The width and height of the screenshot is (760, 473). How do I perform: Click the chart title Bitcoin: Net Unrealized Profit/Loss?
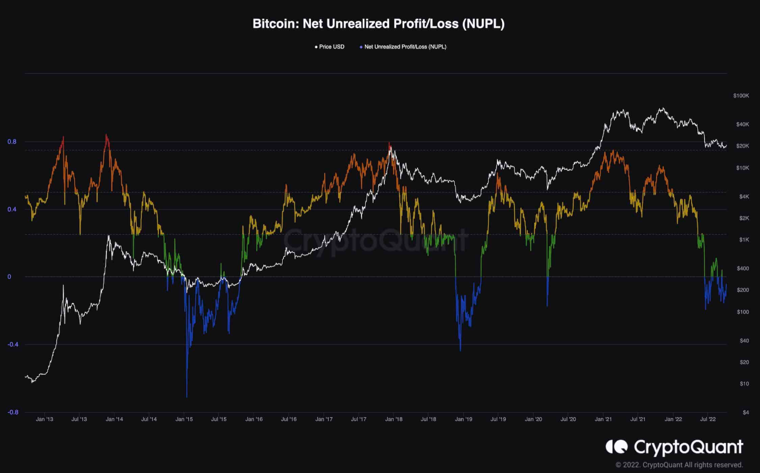point(379,24)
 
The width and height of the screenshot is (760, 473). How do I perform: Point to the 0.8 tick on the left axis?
point(12,142)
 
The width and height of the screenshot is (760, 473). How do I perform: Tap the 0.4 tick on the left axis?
point(12,209)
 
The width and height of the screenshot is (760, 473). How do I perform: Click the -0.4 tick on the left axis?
point(12,345)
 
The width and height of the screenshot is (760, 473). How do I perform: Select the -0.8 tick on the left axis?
point(12,413)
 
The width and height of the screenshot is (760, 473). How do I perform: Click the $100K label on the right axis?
point(741,96)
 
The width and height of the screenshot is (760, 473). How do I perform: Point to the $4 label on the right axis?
point(746,413)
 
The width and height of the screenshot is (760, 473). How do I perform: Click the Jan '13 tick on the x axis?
point(44,419)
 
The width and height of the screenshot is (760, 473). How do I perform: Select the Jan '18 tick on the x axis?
point(394,419)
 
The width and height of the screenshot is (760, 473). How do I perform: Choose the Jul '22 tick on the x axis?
point(708,419)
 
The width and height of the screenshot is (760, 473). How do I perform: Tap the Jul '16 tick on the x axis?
point(288,419)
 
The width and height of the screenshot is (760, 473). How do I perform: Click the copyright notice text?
point(679,465)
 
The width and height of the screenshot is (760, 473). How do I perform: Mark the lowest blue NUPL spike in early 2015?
point(187,396)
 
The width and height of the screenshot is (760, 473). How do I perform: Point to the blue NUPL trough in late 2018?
point(460,350)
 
